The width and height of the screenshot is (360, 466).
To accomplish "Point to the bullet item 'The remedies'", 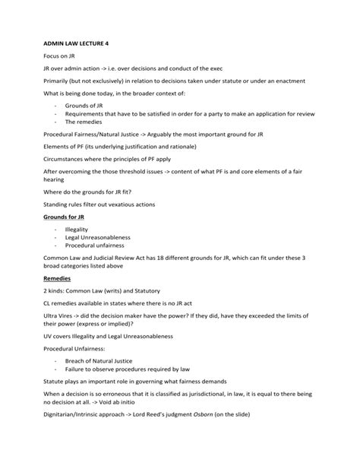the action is pos(82,122).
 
